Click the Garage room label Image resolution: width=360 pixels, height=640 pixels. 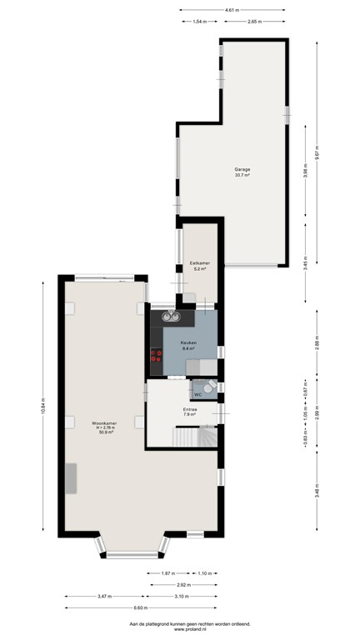(242, 169)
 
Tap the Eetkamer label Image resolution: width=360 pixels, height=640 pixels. (199, 263)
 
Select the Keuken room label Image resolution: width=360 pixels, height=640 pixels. (188, 342)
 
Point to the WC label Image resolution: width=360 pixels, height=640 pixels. (197, 394)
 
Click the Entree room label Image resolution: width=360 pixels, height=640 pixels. (191, 409)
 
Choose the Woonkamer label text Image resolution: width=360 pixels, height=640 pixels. (105, 423)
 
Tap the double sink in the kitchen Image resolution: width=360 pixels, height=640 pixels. (172, 316)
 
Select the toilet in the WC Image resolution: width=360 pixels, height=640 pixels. (208, 386)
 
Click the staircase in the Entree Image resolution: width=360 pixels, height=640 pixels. (193, 435)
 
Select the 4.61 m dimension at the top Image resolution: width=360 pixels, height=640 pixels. (232, 9)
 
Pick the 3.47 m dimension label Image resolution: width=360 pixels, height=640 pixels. (104, 597)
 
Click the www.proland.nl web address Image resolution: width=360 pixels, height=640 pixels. (190, 629)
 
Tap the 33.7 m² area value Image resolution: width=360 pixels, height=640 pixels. (242, 175)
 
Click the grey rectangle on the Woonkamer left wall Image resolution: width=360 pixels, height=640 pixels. (72, 478)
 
